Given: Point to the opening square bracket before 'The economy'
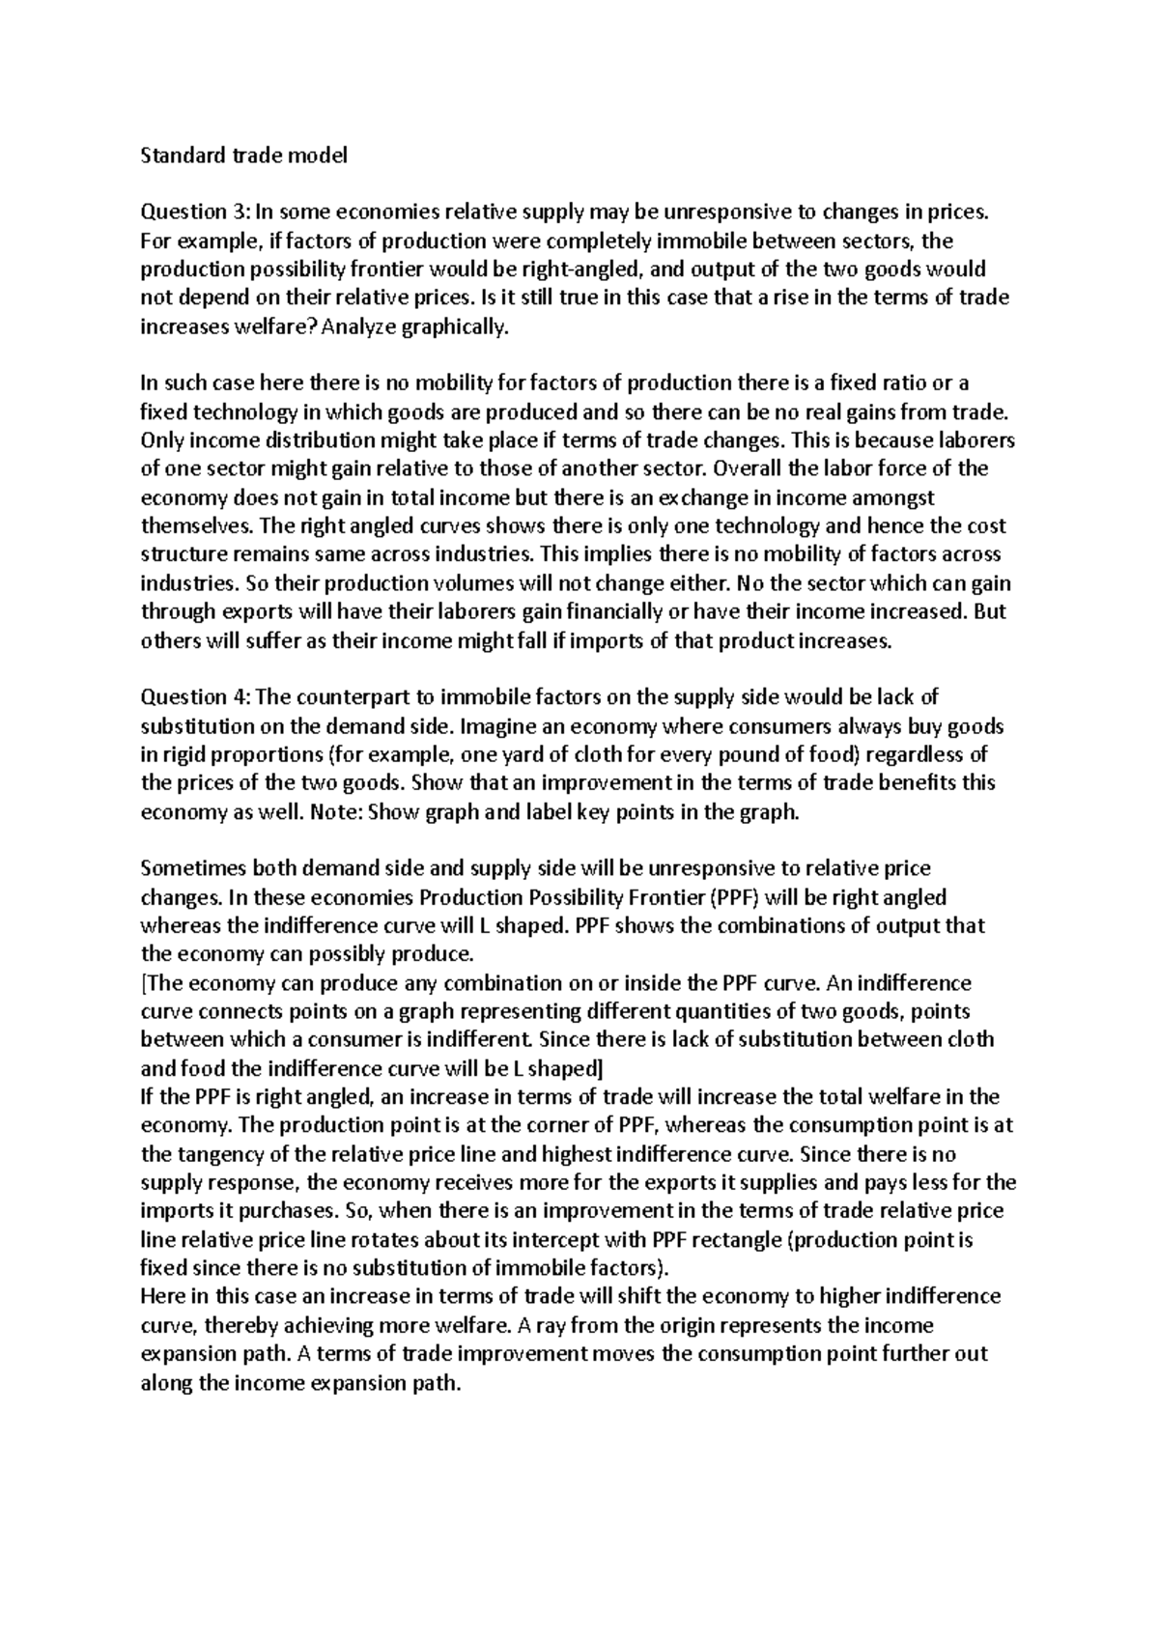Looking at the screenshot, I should pyautogui.click(x=144, y=983).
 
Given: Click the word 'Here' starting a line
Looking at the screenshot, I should pyautogui.click(x=160, y=1297).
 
